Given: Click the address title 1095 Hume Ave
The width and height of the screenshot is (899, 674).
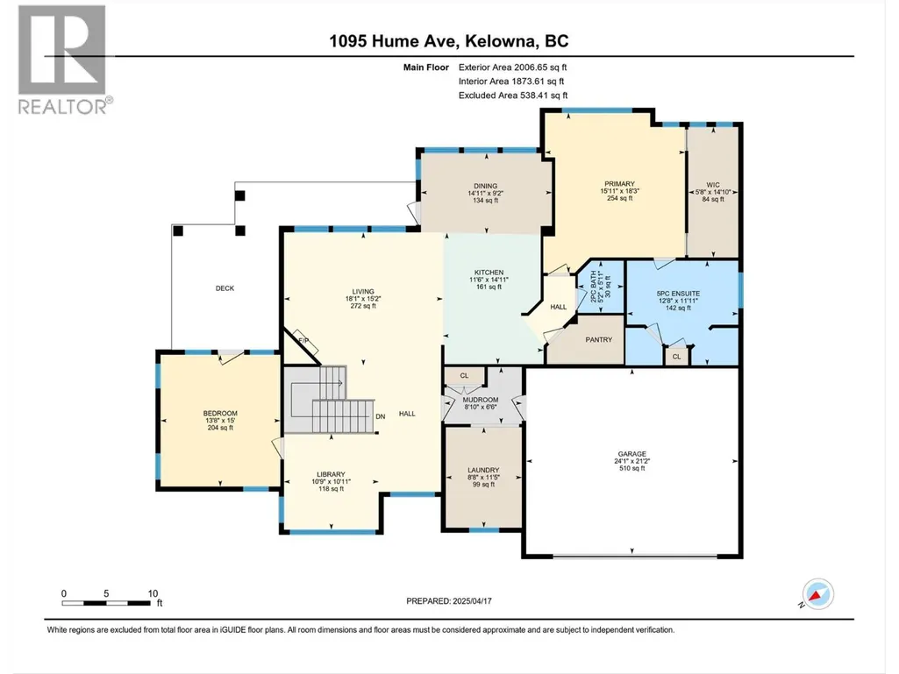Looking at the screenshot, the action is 393,41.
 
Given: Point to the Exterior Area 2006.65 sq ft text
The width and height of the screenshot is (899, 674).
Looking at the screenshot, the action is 512,67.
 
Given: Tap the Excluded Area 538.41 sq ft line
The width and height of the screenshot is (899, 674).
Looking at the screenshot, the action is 513,96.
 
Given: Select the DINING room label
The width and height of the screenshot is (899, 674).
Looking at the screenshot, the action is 486,186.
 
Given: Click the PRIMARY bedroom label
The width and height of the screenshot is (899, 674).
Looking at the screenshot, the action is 619,184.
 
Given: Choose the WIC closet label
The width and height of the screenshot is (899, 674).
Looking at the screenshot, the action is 713,185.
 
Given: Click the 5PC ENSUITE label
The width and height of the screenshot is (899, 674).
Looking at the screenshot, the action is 678,294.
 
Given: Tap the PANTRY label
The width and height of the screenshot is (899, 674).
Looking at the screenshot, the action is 598,340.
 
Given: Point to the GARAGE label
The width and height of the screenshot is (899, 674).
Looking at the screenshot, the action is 631,454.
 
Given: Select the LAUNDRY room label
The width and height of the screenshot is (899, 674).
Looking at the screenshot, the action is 483,470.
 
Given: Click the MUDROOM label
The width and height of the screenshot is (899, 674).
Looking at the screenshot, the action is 481,400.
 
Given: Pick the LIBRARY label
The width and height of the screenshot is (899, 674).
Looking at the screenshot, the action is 331,474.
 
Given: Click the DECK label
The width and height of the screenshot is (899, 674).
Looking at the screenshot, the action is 225,288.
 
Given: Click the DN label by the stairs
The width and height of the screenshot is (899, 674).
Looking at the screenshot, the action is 380,416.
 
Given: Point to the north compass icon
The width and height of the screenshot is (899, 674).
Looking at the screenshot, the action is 817,593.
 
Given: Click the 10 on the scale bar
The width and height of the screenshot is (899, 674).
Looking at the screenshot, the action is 153,593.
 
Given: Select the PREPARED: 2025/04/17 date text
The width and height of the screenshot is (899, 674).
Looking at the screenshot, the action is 449,601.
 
